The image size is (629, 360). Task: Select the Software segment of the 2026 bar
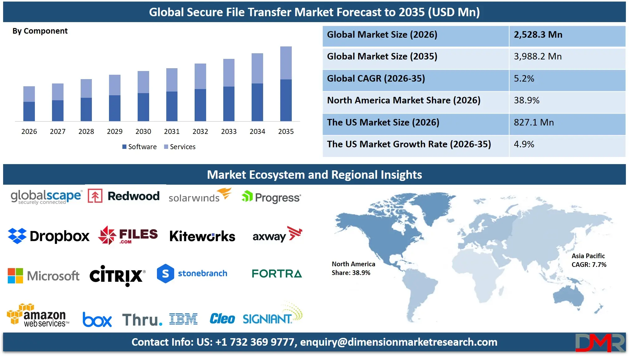point(29,111)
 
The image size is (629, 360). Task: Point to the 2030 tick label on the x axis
point(143,131)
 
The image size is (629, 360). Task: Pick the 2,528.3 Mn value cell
point(538,35)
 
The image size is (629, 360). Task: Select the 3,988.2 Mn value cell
point(537,56)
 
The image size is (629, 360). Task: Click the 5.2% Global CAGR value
point(524,78)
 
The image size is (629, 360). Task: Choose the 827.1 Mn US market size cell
point(534,122)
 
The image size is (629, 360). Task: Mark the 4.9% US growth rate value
point(524,144)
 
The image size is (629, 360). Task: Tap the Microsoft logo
point(44,276)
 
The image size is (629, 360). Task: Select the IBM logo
point(183,319)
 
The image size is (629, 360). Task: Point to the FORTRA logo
point(277,274)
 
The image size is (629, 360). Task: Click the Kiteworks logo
point(202,236)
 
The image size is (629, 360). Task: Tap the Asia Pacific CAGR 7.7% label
point(589,260)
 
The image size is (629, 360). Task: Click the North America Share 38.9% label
point(353,268)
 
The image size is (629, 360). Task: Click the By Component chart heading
point(40,31)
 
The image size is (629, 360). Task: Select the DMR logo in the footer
point(600,343)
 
